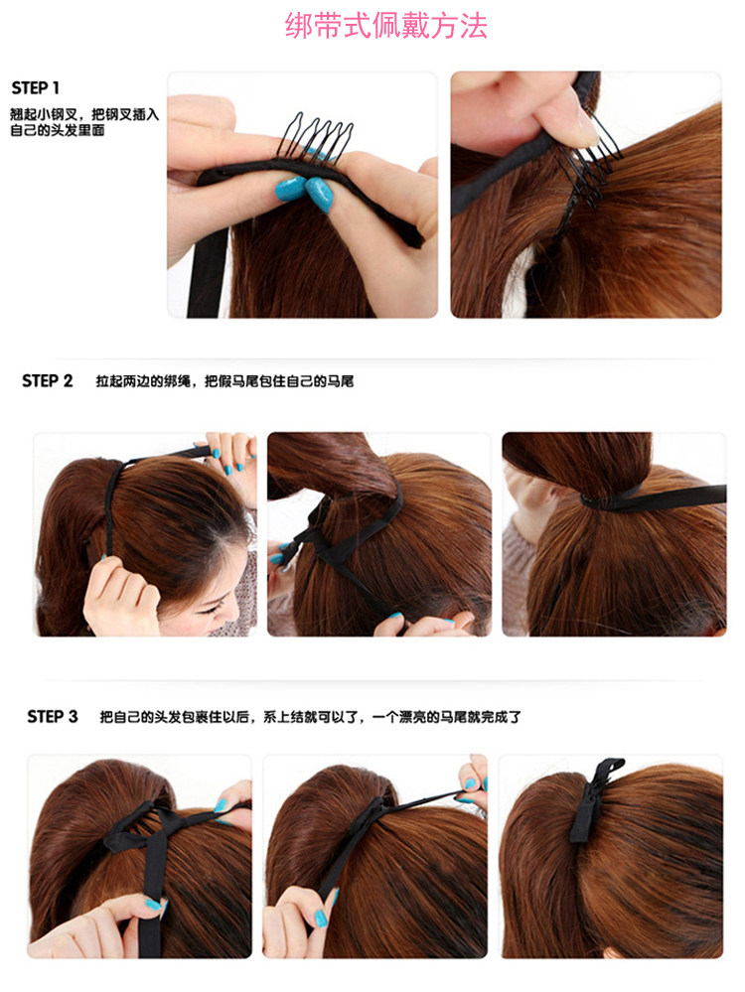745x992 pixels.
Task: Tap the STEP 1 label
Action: (x=36, y=87)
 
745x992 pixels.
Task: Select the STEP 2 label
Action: (x=47, y=381)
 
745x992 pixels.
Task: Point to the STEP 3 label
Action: (x=52, y=716)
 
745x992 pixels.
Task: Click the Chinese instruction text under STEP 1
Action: (x=83, y=122)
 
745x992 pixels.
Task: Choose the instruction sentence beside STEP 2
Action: (x=224, y=381)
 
